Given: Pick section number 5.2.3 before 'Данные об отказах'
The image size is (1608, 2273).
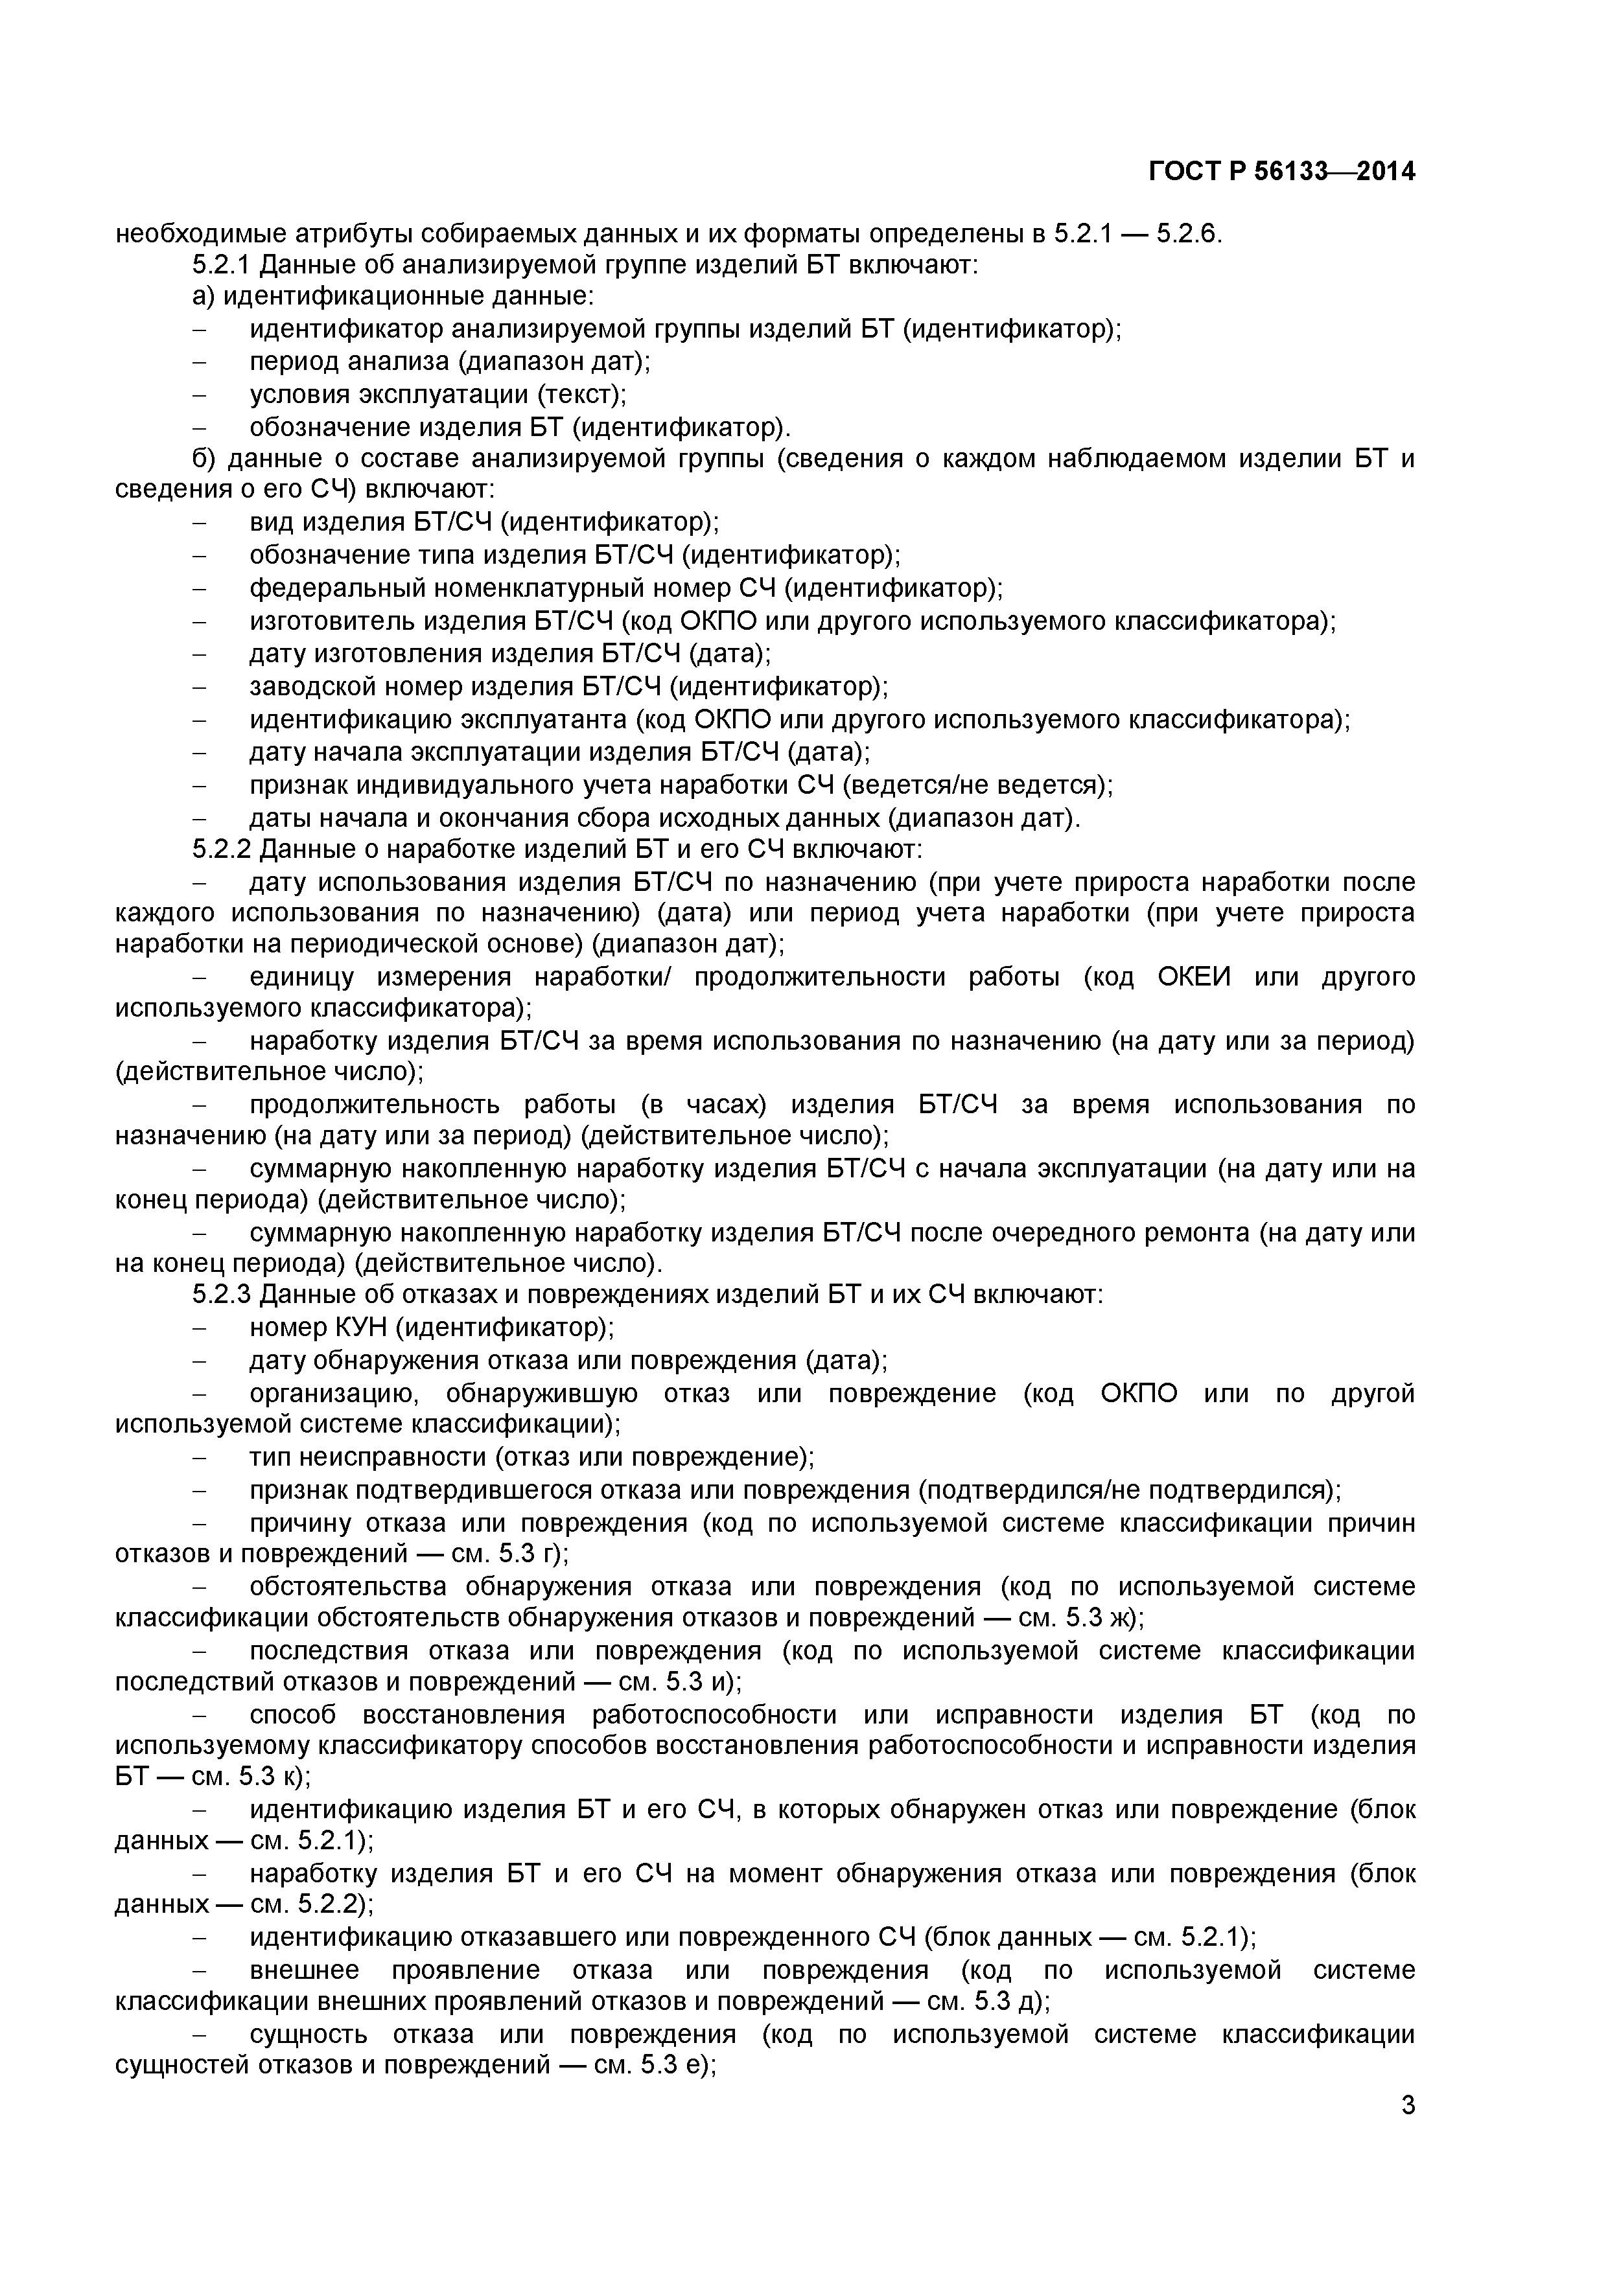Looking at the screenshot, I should (223, 1294).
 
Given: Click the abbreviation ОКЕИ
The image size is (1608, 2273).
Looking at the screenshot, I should (1193, 977).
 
